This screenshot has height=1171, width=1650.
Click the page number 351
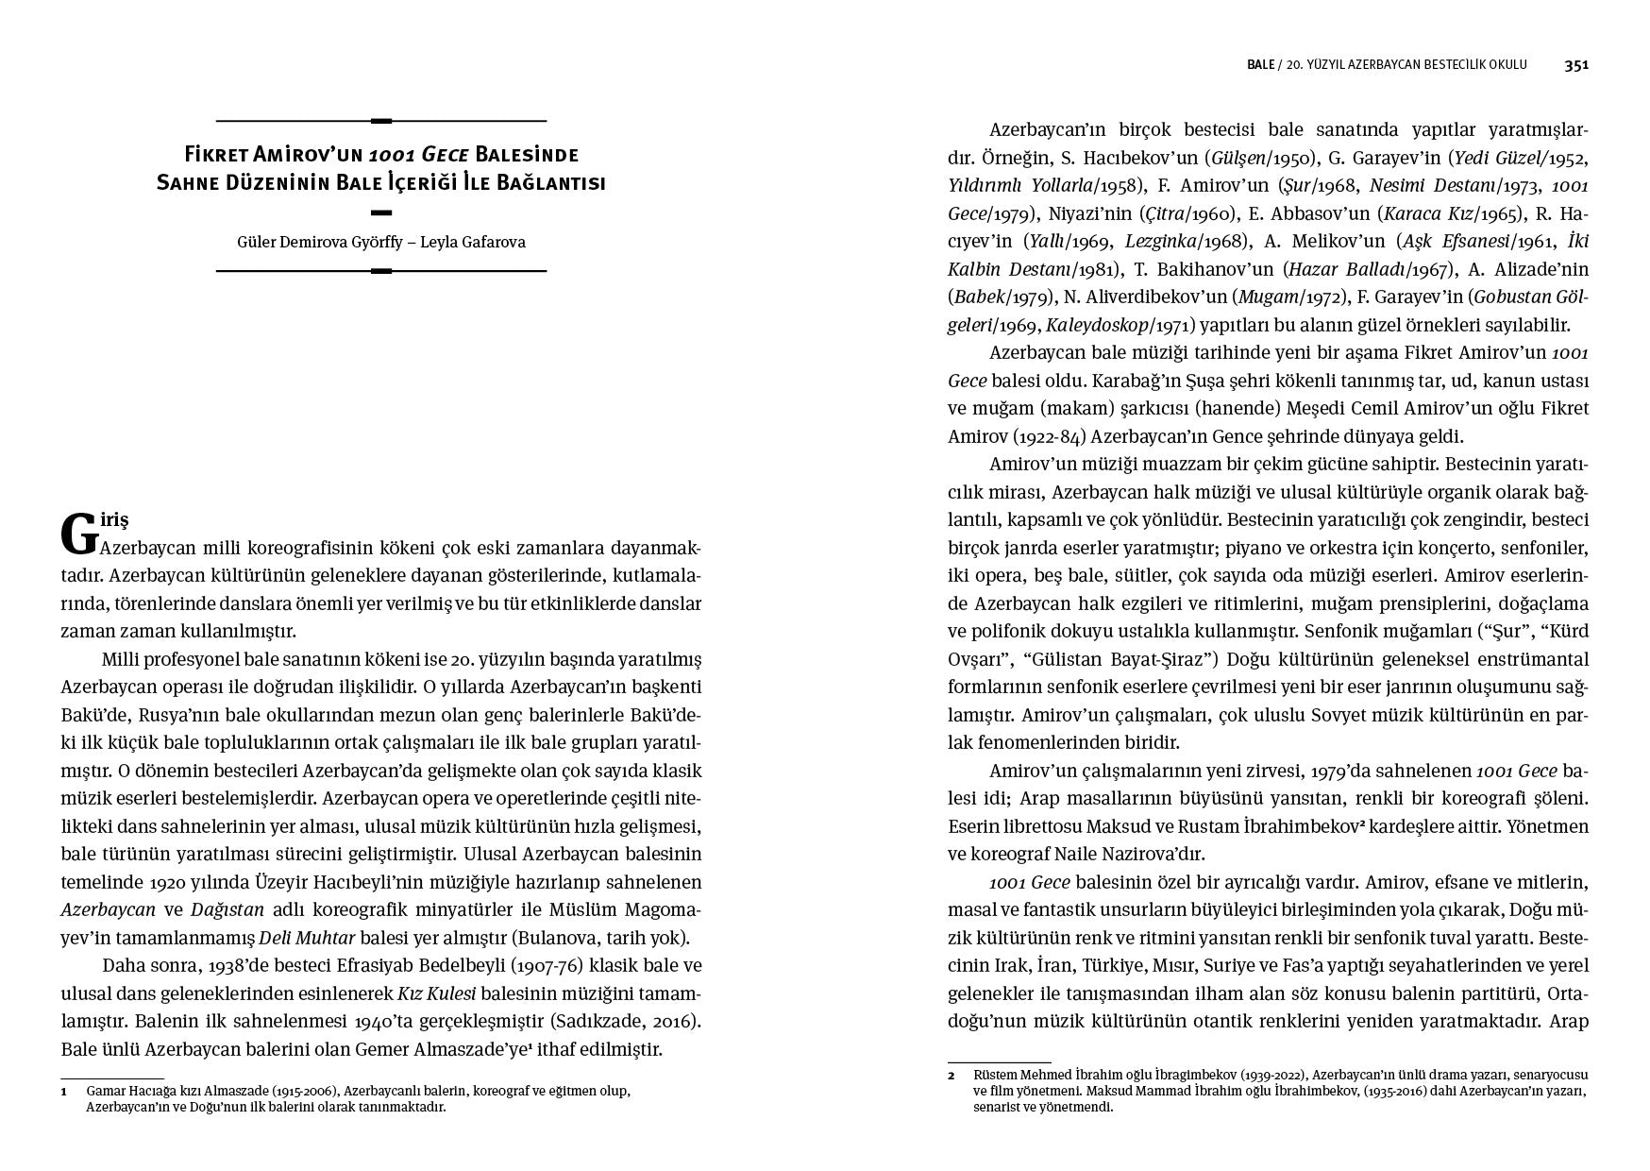tap(1576, 65)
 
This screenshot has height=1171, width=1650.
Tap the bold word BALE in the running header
tap(1260, 65)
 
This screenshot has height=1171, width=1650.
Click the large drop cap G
tap(79, 535)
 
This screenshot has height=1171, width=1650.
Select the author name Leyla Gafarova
tap(476, 242)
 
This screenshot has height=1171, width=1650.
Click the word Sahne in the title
tap(192, 182)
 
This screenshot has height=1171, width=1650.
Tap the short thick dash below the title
tap(381, 212)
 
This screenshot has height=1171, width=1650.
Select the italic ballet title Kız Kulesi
tap(436, 993)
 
